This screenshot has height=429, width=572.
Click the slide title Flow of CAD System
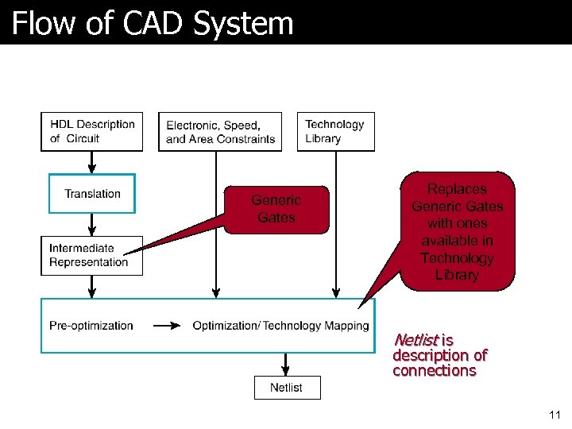[153, 23]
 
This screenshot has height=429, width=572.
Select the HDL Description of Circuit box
[92, 131]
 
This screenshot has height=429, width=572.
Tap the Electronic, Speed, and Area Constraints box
[221, 132]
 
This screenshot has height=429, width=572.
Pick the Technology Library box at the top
[335, 131]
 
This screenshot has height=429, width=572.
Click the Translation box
[92, 194]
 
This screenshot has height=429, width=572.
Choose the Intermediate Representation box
[92, 256]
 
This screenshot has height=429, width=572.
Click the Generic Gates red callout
[276, 210]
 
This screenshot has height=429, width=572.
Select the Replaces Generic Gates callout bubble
[458, 231]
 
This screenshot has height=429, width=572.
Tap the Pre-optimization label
[91, 326]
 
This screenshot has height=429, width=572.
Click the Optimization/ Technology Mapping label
[280, 326]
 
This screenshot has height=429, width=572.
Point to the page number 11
[555, 415]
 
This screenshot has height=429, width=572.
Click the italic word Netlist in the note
[415, 340]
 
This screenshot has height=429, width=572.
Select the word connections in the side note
[434, 371]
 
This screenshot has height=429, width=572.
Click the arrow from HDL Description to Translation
[92, 162]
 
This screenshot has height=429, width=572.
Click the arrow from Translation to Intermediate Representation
[92, 225]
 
